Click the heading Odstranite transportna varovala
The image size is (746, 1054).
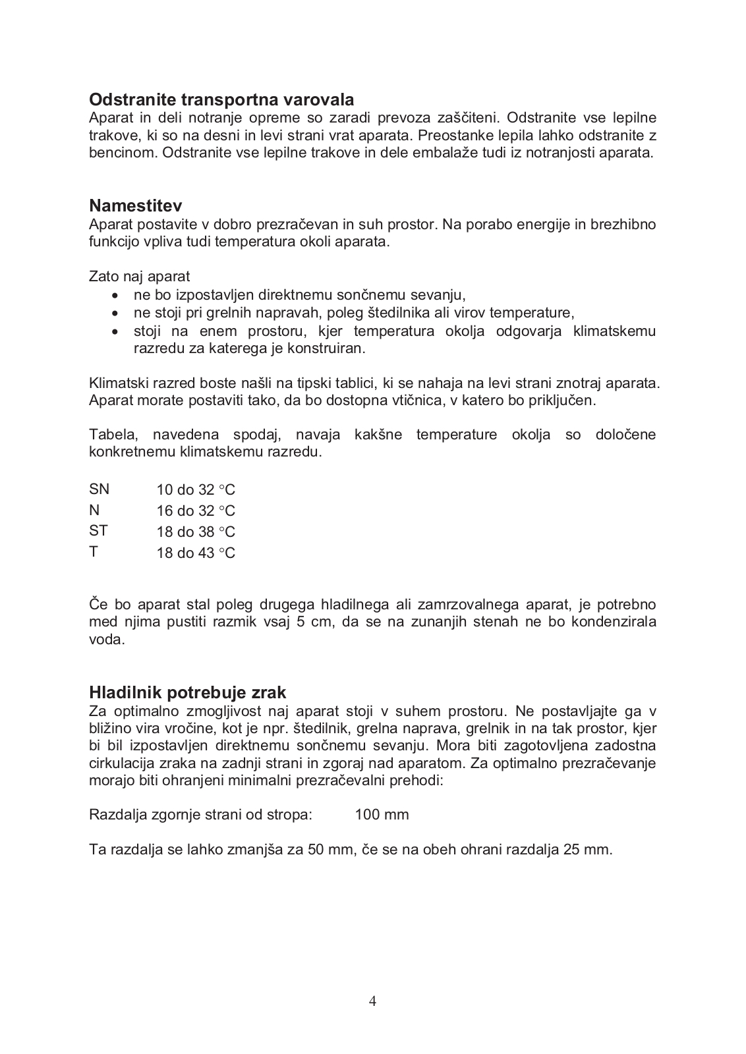click(221, 99)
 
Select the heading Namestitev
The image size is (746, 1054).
click(135, 206)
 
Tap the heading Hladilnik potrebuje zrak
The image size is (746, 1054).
click(188, 692)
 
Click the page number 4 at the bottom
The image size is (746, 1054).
click(373, 1001)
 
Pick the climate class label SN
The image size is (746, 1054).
click(100, 489)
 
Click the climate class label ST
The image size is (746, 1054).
click(99, 531)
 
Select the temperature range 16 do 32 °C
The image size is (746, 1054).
click(196, 511)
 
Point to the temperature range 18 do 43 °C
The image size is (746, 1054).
click(196, 553)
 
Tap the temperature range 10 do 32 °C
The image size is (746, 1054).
click(196, 490)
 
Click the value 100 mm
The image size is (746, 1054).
click(382, 815)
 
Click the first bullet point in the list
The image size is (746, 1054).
click(115, 295)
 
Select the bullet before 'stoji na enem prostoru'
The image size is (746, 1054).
click(115, 331)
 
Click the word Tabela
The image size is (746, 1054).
click(113, 435)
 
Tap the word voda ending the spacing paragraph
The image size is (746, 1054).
click(107, 640)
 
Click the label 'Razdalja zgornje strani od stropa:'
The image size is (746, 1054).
click(200, 815)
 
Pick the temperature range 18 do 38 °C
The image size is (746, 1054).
click(196, 532)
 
